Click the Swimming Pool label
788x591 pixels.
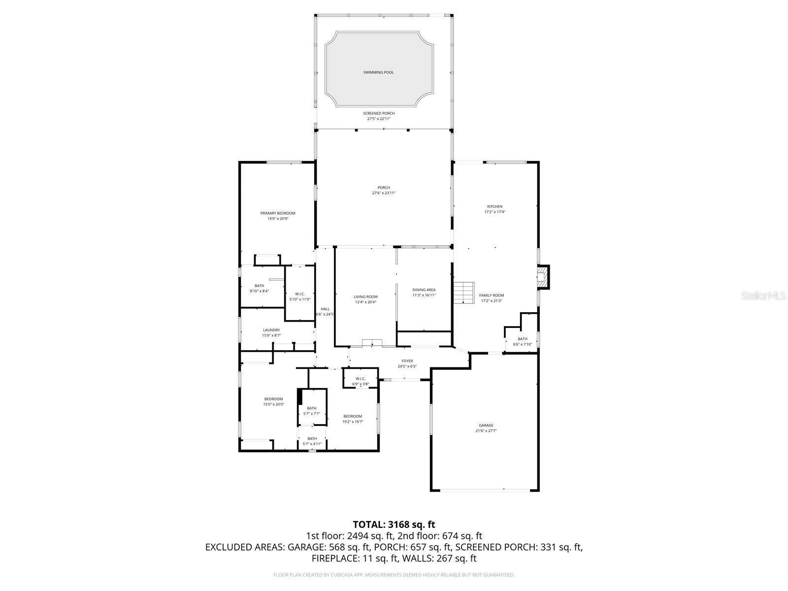click(378, 72)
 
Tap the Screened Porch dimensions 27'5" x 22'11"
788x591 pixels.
click(379, 119)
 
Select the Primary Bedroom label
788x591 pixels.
click(278, 213)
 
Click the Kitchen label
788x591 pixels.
click(494, 206)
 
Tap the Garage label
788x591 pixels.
click(486, 426)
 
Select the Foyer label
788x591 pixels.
click(407, 361)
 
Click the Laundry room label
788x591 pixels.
click(271, 330)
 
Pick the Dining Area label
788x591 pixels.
click(424, 290)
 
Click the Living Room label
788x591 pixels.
click(365, 297)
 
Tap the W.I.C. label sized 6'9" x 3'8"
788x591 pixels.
click(360, 378)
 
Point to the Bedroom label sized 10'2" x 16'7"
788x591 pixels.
click(353, 416)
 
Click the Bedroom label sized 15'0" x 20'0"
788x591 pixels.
click(273, 399)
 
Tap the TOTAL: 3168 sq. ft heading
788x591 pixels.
click(394, 525)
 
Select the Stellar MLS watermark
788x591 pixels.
click(766, 296)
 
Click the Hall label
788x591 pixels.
click(325, 309)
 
